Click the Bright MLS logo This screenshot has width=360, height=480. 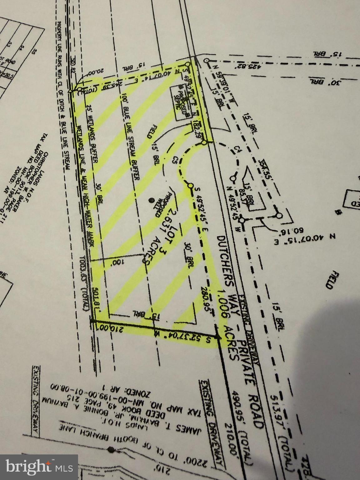point(39,467)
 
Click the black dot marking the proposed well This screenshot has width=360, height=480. point(151,200)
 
